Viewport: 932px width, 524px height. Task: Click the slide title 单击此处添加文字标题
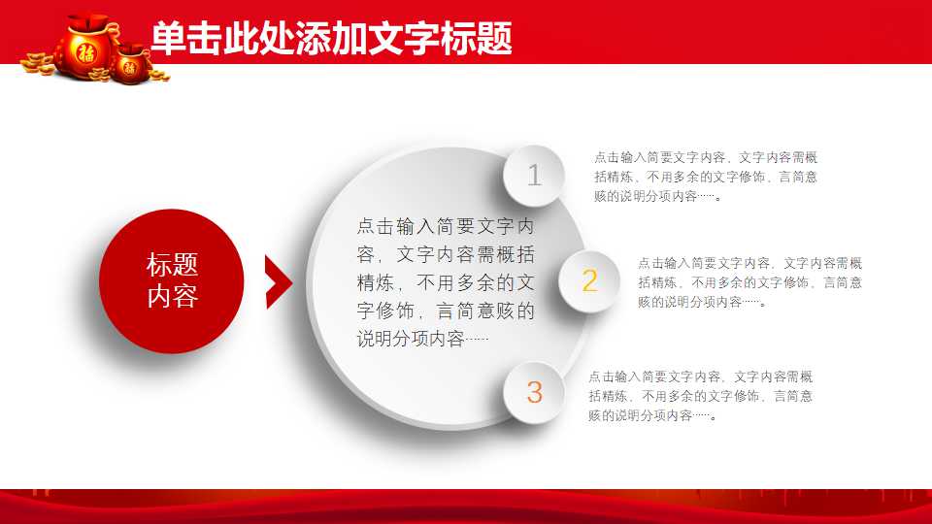(331, 38)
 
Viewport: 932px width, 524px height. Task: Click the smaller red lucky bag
(131, 64)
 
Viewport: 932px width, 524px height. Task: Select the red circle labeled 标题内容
(172, 281)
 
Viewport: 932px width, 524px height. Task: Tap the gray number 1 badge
(534, 176)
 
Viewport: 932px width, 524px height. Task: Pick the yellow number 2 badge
(589, 281)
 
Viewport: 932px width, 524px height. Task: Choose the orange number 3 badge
(534, 393)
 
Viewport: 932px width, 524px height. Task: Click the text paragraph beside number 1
(706, 177)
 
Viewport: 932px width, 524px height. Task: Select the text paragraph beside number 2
(749, 282)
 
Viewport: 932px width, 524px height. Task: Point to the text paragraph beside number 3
(700, 396)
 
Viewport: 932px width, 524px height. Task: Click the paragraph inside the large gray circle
(446, 282)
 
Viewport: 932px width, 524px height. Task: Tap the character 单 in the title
(168, 39)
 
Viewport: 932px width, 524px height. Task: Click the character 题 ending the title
(494, 39)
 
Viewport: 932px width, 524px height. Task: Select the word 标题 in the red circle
(172, 264)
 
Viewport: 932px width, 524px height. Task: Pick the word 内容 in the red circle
(172, 296)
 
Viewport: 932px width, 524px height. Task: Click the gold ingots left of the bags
(38, 64)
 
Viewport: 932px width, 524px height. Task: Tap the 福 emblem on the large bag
(86, 52)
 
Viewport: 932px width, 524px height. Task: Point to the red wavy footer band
(466, 507)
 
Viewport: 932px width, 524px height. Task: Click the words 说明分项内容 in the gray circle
(410, 339)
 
